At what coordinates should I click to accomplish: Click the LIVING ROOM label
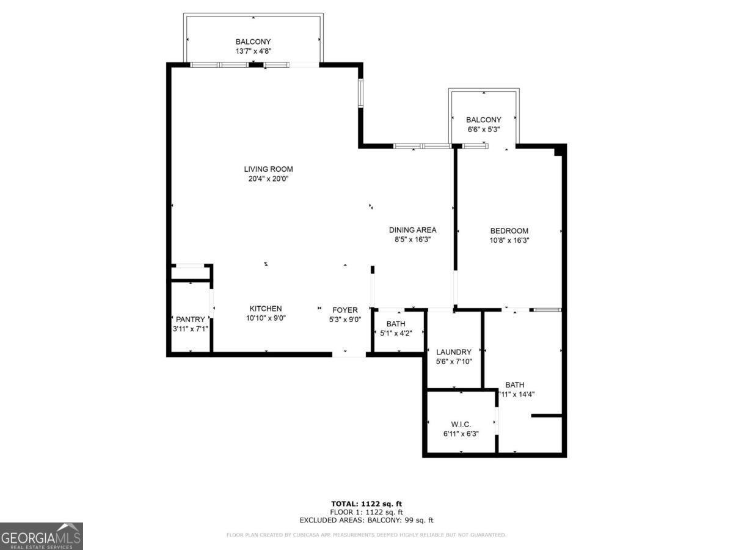tap(268, 169)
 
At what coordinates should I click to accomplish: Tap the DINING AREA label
tap(412, 230)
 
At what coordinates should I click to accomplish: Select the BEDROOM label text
tap(509, 231)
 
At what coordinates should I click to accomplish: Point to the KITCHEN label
tap(265, 309)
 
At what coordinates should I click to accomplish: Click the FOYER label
tap(345, 310)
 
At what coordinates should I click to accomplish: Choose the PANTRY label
tap(191, 320)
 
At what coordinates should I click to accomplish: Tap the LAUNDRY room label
tap(453, 352)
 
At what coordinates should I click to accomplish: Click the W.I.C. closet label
tap(460, 424)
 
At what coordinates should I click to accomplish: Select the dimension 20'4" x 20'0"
tap(268, 179)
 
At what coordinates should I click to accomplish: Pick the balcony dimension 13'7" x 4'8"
tap(253, 51)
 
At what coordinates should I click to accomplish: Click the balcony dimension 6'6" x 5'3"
tap(483, 130)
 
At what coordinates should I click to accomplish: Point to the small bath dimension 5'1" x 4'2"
tap(396, 333)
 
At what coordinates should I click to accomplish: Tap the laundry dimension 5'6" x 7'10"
tap(453, 362)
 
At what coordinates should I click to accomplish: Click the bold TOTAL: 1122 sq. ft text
tap(366, 504)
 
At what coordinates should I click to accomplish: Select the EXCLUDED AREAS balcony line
tap(366, 520)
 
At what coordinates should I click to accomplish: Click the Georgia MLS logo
tap(41, 536)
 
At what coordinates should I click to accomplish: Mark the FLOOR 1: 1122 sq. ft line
tap(366, 512)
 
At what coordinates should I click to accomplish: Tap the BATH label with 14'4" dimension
tap(514, 385)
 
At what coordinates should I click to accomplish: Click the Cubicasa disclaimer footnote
tap(366, 535)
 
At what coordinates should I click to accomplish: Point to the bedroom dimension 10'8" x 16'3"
tap(509, 240)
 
